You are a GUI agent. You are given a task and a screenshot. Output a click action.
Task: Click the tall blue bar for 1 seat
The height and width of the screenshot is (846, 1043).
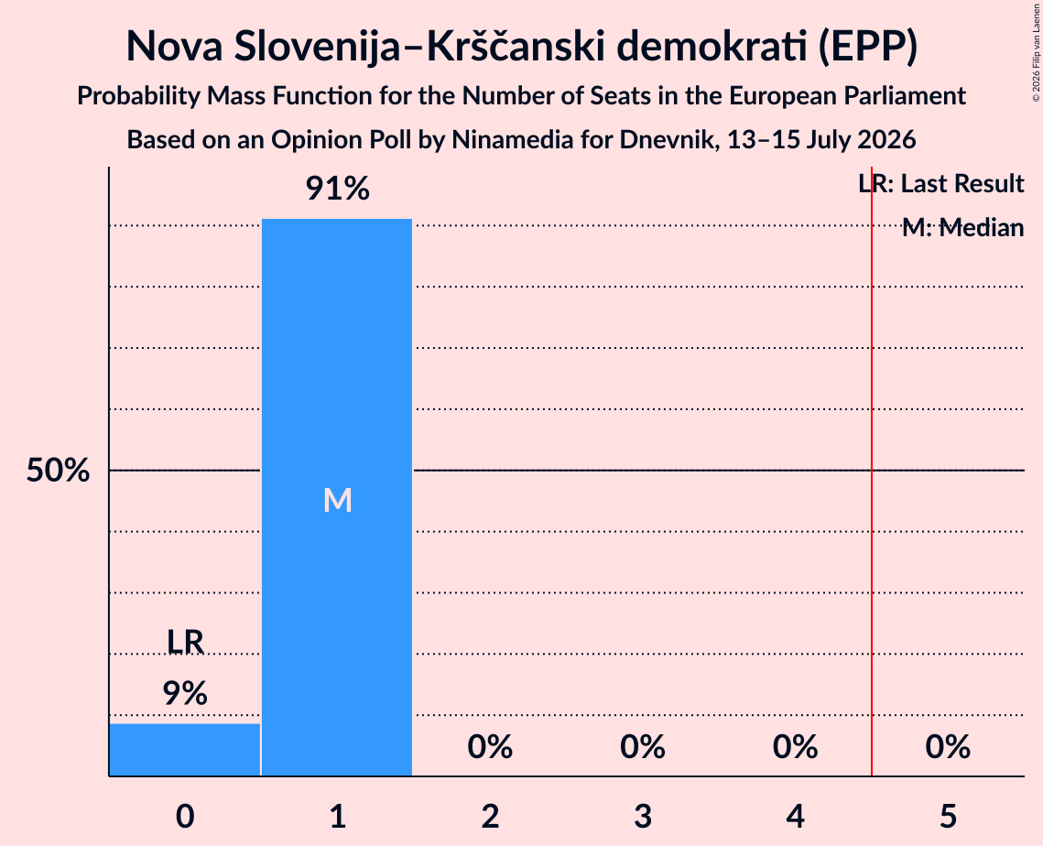337,497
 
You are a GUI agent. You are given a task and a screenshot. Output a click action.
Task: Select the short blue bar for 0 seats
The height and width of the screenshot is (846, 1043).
185,750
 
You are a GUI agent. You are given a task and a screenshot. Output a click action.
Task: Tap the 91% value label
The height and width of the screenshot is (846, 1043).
337,189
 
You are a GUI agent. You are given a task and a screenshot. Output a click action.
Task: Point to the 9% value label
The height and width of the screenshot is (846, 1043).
185,694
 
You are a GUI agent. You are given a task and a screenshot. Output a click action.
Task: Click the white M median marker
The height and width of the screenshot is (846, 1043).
337,500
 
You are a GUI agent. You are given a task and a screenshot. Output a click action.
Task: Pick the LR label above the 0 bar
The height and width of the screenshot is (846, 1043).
185,642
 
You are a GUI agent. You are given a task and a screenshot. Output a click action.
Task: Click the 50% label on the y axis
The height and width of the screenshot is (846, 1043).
58,471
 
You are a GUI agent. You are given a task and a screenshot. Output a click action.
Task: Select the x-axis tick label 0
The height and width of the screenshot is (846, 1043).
185,816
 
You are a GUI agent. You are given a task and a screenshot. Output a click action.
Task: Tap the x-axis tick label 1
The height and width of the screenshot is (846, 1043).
338,816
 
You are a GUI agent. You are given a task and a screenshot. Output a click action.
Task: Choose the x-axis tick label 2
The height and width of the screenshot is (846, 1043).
490,816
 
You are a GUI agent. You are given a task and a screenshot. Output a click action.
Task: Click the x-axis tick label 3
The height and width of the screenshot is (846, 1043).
643,816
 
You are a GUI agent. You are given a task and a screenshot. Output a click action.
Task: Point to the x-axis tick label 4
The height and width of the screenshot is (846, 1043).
796,816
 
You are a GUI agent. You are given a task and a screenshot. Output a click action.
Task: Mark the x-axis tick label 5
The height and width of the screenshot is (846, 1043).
948,816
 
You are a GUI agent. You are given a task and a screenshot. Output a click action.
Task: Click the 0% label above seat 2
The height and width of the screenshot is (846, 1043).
490,747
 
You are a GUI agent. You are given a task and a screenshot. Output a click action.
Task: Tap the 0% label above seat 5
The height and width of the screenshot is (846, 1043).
948,747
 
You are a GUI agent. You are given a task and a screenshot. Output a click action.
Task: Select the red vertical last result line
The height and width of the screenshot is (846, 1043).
872,471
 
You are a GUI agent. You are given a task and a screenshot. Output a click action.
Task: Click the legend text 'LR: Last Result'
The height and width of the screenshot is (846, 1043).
941,183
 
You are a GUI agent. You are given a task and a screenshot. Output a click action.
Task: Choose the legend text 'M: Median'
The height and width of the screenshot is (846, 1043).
963,228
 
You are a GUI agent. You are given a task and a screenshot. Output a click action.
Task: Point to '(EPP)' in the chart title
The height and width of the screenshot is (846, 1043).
868,47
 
